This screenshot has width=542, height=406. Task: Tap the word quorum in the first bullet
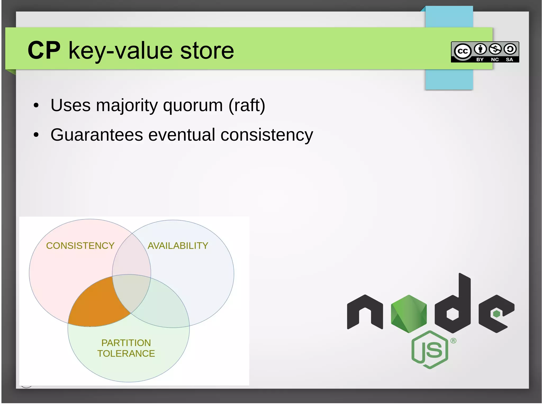click(x=193, y=106)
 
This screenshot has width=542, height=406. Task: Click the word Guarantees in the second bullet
click(x=97, y=135)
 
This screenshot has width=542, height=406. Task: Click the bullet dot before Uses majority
click(x=36, y=106)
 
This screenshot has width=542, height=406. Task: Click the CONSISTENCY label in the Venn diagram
click(x=80, y=246)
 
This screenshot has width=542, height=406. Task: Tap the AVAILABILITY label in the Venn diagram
click(x=178, y=246)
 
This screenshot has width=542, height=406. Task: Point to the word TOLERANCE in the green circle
click(x=126, y=354)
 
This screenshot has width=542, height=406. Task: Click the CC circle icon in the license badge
click(x=463, y=51)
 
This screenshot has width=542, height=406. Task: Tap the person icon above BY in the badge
click(x=480, y=49)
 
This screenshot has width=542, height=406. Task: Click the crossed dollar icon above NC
click(x=495, y=49)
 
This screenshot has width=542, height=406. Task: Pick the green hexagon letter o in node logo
click(x=409, y=314)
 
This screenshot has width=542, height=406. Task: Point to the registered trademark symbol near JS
click(x=453, y=341)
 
